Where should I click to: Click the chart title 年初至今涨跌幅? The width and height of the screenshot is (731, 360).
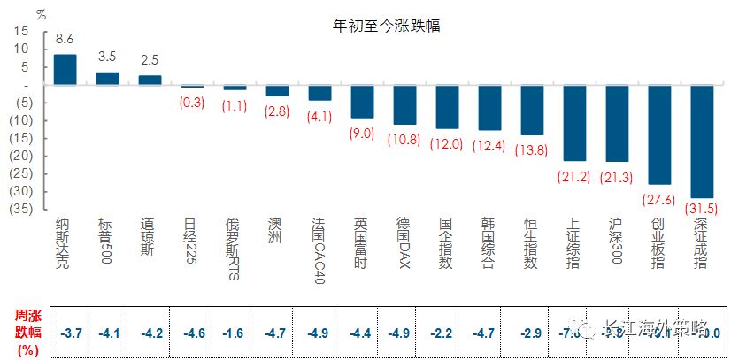tap(386, 26)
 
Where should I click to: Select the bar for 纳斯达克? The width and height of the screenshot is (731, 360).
tap(65, 70)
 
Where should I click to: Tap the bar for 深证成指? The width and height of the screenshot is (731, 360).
tap(702, 141)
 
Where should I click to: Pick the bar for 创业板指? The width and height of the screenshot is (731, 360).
tap(659, 134)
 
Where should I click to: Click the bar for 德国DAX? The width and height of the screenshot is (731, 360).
tap(404, 104)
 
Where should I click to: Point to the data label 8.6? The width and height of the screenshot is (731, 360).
tap(65, 40)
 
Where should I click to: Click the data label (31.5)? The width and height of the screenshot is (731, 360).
tap(702, 209)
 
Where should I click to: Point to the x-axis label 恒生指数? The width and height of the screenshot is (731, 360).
tap(531, 243)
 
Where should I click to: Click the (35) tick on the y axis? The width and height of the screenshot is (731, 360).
tap(19, 209)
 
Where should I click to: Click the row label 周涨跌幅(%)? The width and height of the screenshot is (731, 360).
tap(26, 332)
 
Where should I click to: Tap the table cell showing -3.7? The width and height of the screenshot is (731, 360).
tap(72, 333)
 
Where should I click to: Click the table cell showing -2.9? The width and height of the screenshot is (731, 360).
tap(531, 333)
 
